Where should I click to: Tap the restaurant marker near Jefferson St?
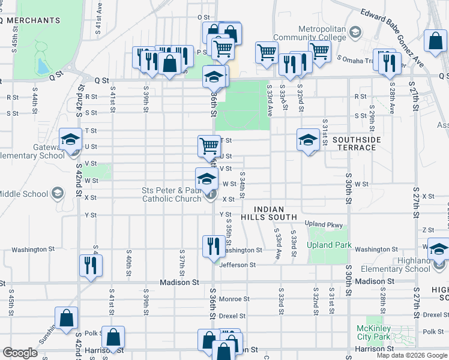tap(213, 247)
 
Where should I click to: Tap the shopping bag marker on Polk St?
tap(112, 337)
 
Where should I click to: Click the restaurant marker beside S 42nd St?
tap(91, 265)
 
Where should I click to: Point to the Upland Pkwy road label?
tap(323, 225)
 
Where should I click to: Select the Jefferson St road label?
tap(238, 265)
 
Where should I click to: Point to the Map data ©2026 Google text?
tap(412, 355)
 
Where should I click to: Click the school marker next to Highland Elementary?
tap(439, 248)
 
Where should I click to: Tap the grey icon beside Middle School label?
tap(57, 193)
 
